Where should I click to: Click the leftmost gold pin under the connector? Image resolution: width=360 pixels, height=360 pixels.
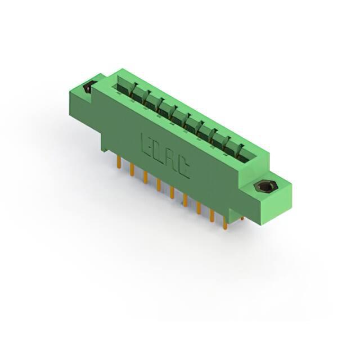point(119,162)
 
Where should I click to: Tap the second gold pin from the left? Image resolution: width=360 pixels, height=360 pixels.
point(132,170)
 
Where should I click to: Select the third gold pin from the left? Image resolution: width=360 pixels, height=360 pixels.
point(145,178)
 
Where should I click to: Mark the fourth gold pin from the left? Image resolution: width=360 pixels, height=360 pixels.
point(159,185)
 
